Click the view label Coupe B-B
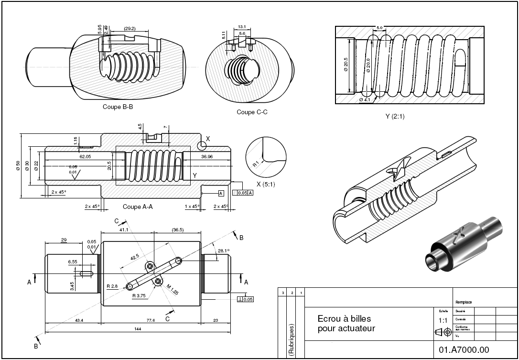(x=118, y=107)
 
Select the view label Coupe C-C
(x=252, y=112)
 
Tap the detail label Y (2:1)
(x=395, y=116)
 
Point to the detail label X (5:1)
(x=268, y=184)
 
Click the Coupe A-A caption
(x=138, y=207)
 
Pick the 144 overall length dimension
(x=138, y=329)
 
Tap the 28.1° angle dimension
(x=223, y=251)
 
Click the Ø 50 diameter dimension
(x=18, y=165)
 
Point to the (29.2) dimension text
(x=130, y=29)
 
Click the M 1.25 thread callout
(x=172, y=289)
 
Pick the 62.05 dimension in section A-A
(x=86, y=156)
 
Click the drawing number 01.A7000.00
(x=464, y=350)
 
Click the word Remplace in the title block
(x=464, y=302)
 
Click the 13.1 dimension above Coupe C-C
(x=242, y=27)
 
